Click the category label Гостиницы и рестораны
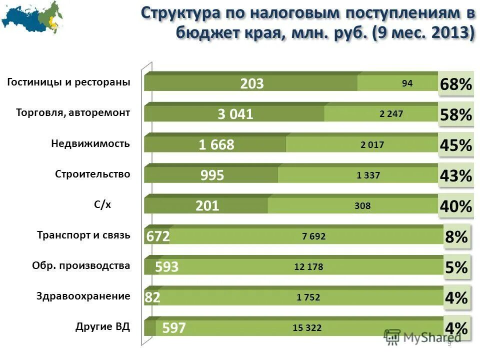click(x=68, y=82)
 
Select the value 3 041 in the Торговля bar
click(x=235, y=114)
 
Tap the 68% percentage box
click(x=455, y=84)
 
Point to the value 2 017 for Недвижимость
click(x=372, y=145)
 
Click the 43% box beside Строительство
click(x=455, y=176)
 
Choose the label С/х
click(x=102, y=205)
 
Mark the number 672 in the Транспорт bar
click(x=158, y=236)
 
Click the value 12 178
click(x=308, y=267)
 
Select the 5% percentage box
click(x=456, y=267)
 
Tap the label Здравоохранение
click(x=83, y=296)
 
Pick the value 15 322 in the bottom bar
click(x=307, y=328)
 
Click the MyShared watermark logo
click(x=422, y=337)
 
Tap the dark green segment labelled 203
click(x=251, y=83)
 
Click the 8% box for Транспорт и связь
click(x=456, y=237)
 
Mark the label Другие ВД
click(x=102, y=327)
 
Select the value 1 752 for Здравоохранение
click(x=308, y=297)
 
